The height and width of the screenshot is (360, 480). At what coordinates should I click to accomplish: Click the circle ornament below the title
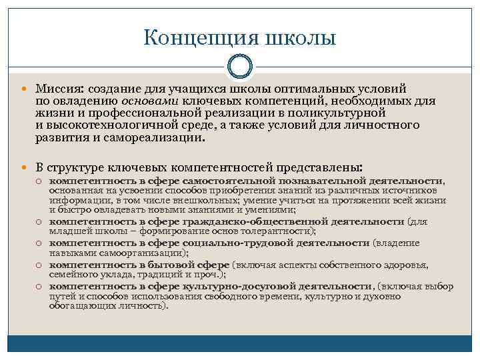click(239, 67)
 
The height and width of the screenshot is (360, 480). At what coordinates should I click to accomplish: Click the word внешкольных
click(195, 199)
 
